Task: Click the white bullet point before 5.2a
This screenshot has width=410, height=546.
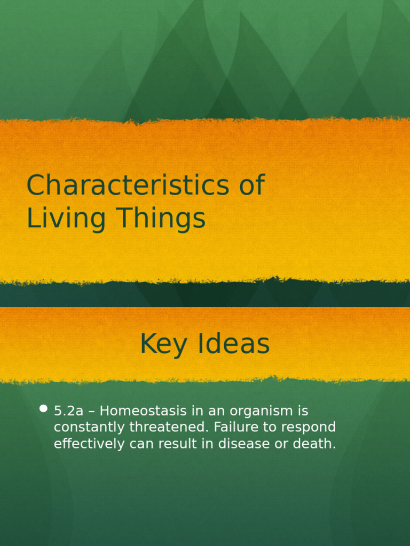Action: coord(44,409)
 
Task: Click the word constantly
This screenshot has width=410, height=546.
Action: coord(85,428)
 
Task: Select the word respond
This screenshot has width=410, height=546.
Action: coord(309,428)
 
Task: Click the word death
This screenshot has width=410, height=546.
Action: coord(317,444)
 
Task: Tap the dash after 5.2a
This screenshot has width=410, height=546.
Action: coord(91,411)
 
